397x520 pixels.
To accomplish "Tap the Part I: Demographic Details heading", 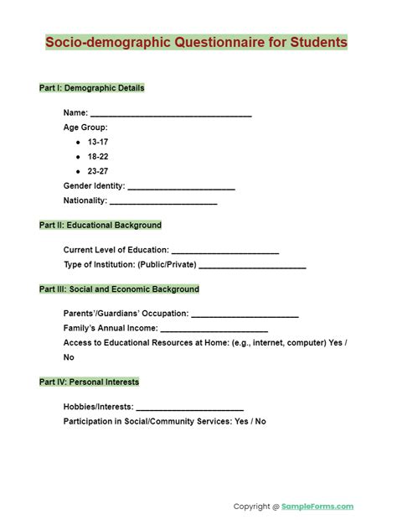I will pos(91,88).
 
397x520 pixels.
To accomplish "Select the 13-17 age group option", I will pos(97,143).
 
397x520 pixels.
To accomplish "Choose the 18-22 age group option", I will pos(97,157).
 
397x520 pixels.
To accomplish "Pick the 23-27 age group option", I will pos(97,171).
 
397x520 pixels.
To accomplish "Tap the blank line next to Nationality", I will pos(163,202).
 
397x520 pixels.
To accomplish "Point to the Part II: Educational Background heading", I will pos(101,226).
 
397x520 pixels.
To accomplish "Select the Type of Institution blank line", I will pos(252,266).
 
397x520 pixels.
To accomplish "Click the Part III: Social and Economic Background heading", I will pos(119,289).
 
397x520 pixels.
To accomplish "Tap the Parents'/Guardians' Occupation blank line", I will pos(245,315).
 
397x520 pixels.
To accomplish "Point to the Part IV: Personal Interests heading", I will pos(89,382).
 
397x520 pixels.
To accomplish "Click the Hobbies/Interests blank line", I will pos(189,408).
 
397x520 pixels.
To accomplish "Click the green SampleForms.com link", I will pos(318,507).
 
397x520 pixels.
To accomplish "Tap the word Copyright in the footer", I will pos(251,507).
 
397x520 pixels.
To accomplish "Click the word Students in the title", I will pos(315,42).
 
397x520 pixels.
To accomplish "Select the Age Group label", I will pos(85,128).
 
